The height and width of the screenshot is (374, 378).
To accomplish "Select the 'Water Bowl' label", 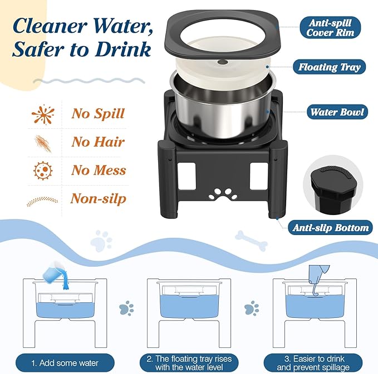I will pyautogui.click(x=337, y=112).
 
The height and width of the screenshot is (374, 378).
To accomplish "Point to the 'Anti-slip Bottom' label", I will pyautogui.click(x=331, y=227).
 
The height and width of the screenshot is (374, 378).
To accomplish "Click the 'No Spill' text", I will pyautogui.click(x=97, y=114).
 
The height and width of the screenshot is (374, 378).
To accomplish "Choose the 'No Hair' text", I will pyautogui.click(x=97, y=142).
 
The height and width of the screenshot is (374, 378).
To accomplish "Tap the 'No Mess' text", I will pyautogui.click(x=99, y=171).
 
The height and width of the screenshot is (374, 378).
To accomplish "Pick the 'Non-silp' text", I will pyautogui.click(x=98, y=199).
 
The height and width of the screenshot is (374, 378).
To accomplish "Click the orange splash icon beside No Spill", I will pyautogui.click(x=43, y=114).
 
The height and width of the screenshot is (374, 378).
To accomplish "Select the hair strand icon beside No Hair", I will pyautogui.click(x=43, y=143).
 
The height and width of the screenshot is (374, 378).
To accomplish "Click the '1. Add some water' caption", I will pyautogui.click(x=66, y=363).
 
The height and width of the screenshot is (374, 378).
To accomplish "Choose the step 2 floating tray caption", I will pyautogui.click(x=189, y=363).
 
